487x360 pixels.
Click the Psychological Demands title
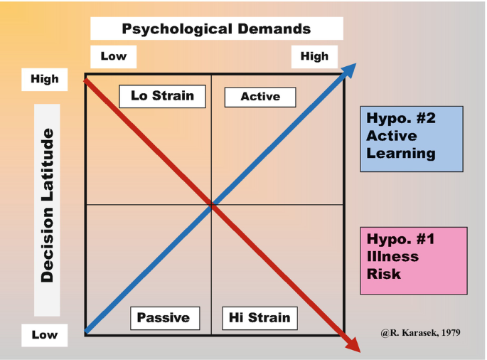[216, 29]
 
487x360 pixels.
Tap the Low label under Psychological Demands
[113, 56]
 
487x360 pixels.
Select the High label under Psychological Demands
[314, 56]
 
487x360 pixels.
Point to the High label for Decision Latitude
[45, 79]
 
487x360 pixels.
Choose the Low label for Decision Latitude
[45, 334]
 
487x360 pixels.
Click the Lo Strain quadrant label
[162, 96]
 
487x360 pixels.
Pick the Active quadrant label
[260, 97]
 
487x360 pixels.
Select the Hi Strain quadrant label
[259, 318]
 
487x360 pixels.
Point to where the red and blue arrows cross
[212, 205]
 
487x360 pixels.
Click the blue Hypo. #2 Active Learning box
[411, 139]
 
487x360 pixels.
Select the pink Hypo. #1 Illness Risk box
[414, 260]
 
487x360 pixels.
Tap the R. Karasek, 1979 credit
[420, 332]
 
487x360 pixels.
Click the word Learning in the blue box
[400, 153]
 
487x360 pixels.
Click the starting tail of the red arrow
[87, 80]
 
